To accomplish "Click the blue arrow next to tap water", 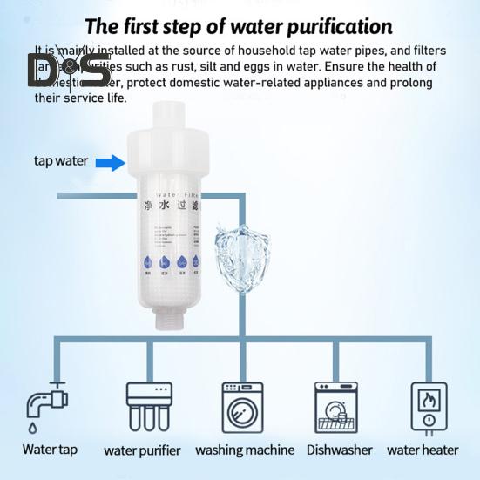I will pos(110,161).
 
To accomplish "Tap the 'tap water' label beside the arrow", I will pos(60,161).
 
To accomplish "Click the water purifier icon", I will pos(148,407).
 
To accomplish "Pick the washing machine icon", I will pos(243,407).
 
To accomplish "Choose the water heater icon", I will pos(428,407).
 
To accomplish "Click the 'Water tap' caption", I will pos(50,450).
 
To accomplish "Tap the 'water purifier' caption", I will pos(142,450).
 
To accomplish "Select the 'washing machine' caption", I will pos(244,450).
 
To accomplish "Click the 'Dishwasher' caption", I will pos(339,450).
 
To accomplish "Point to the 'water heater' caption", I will pos(423,450).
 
